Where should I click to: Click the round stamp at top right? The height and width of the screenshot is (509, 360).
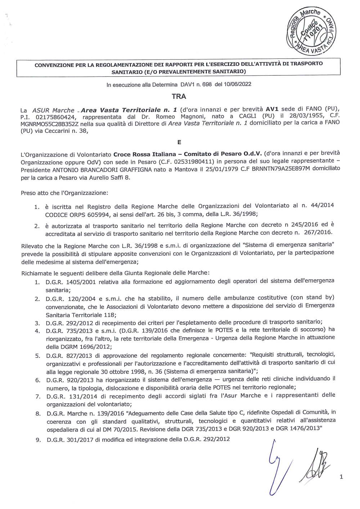click(311, 32)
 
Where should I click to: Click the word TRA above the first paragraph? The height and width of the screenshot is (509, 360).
click(179, 96)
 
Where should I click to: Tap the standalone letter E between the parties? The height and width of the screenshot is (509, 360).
click(179, 142)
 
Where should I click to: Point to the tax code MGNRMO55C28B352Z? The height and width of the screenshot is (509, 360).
click(50, 124)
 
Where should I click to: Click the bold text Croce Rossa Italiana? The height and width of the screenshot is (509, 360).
click(145, 154)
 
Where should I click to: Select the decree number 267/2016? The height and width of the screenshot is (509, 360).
click(318, 232)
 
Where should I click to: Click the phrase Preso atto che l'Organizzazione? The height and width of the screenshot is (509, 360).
click(64, 193)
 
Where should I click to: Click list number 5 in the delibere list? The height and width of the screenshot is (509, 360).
click(37, 356)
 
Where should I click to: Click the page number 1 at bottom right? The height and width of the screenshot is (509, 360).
click(341, 477)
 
